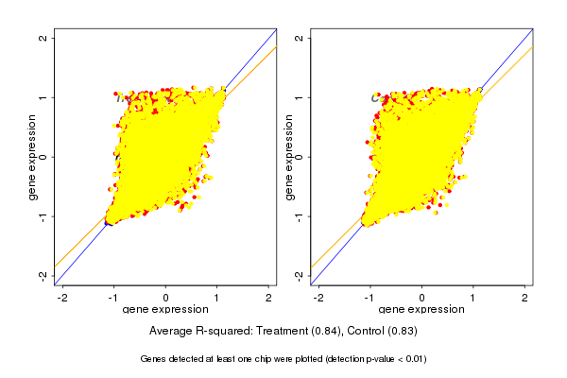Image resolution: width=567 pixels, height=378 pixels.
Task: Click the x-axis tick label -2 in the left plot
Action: coord(62,298)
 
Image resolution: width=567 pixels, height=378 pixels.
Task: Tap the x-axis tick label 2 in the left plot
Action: coord(269,298)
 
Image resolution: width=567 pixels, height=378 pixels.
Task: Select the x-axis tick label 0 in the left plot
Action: coord(166,298)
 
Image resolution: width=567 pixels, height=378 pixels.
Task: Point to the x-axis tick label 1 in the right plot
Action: coord(474,298)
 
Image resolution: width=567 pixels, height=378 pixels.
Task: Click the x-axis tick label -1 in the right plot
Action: coord(370,298)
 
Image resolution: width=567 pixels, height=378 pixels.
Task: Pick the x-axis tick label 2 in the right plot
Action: coord(526,298)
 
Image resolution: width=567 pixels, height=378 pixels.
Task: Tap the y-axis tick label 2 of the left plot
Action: coord(43,38)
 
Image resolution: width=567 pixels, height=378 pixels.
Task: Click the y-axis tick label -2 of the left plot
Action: coord(43,275)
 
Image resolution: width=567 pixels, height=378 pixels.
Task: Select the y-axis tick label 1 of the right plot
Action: coord(300,97)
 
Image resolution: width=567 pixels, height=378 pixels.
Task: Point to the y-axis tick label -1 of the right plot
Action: coord(300,216)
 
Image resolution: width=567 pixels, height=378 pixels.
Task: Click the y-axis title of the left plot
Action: coord(32,157)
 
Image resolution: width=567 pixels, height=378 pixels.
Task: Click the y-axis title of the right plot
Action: coord(289,157)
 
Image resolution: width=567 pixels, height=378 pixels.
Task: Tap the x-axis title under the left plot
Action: coord(166,310)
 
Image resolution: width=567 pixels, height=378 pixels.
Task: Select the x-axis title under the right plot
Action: coord(422,310)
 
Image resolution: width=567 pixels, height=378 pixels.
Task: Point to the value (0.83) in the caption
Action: coord(399,332)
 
